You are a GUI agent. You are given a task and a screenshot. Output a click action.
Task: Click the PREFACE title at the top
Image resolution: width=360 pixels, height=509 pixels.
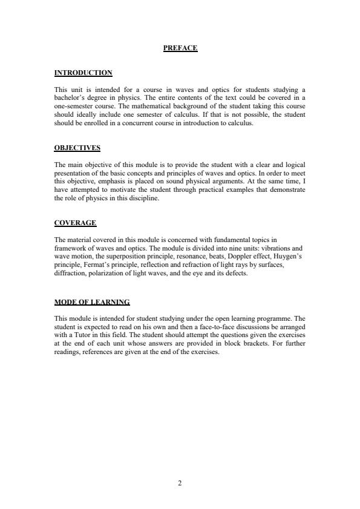click(180, 48)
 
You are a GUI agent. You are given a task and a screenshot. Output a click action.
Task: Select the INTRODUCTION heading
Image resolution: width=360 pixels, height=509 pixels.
click(83, 73)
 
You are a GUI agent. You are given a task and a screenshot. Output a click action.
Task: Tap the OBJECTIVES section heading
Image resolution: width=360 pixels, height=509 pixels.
click(77, 148)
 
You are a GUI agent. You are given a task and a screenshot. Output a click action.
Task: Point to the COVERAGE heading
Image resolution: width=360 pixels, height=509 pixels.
click(75, 223)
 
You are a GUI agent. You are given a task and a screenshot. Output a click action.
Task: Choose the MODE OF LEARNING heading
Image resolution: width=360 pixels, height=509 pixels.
click(92, 302)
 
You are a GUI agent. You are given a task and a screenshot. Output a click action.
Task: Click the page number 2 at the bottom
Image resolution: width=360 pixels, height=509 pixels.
click(180, 483)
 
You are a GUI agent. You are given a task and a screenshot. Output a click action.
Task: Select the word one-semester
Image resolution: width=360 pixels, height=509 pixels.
click(72, 106)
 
